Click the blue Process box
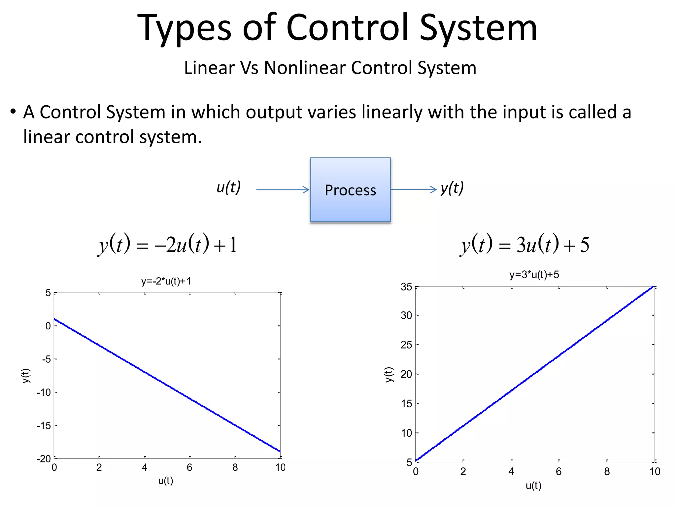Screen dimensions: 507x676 click(350, 190)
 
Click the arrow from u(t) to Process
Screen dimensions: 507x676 click(283, 190)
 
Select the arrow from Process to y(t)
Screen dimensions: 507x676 click(413, 189)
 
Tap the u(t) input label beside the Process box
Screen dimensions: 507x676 click(228, 187)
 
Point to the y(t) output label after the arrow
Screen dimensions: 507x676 click(452, 188)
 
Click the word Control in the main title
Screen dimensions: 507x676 click(347, 28)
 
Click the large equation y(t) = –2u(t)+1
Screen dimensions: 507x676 click(168, 245)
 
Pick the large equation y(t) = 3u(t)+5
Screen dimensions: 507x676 click(525, 245)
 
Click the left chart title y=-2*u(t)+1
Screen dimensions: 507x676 click(166, 281)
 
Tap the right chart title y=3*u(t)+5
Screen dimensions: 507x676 click(534, 275)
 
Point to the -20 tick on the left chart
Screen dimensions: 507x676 click(44, 459)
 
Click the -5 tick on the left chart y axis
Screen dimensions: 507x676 click(46, 359)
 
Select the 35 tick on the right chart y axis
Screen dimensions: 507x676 click(406, 287)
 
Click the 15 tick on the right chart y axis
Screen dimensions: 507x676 click(406, 404)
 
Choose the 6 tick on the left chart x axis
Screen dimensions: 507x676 click(189, 467)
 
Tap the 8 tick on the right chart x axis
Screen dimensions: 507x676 click(607, 472)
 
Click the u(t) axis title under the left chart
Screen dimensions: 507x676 click(165, 481)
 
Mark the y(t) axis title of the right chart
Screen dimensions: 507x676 click(389, 375)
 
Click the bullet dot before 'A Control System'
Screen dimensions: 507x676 click(13, 112)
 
